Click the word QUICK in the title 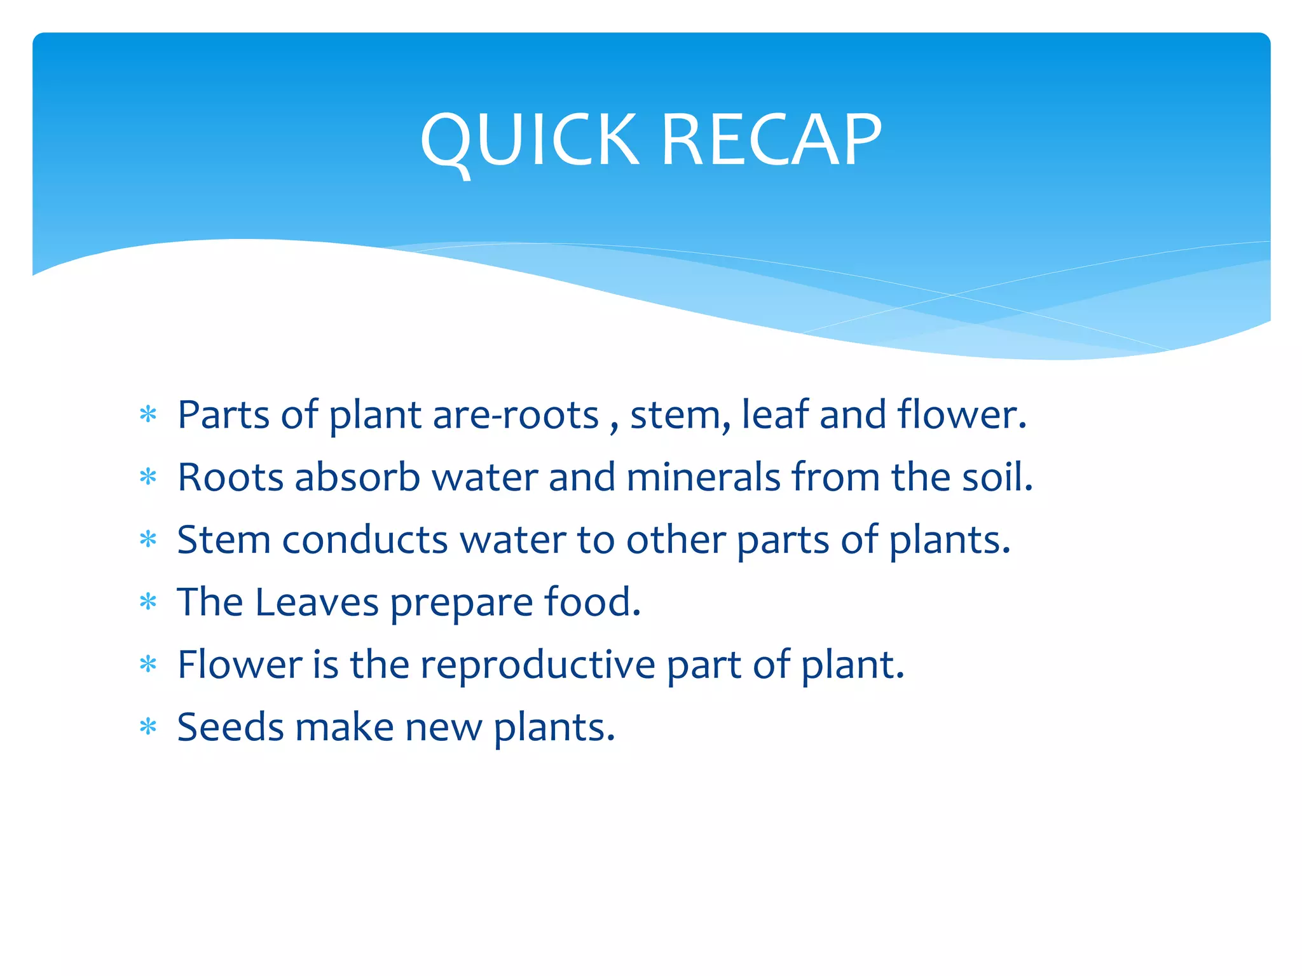click(x=529, y=140)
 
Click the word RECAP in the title click(x=771, y=140)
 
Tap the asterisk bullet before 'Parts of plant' click(x=148, y=415)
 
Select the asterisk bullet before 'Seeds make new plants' click(x=148, y=726)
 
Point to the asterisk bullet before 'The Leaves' click(x=148, y=602)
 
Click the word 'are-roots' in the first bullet click(x=516, y=416)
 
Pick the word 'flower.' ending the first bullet click(x=962, y=414)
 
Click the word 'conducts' click(x=365, y=540)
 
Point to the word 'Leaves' click(x=317, y=602)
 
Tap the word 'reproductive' click(x=537, y=665)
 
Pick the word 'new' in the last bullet click(x=443, y=728)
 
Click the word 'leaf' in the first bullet click(x=775, y=414)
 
